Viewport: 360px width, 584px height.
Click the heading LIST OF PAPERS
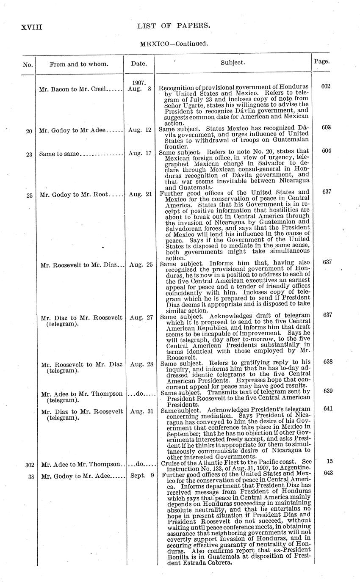click(174, 26)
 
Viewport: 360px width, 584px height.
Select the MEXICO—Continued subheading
click(174, 44)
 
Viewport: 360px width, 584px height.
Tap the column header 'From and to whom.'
click(79, 64)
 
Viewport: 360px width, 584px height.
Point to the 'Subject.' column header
click(233, 62)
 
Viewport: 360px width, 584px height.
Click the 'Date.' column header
click(139, 64)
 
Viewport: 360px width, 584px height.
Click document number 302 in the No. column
click(29, 465)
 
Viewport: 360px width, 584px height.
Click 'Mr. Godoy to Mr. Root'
click(75, 195)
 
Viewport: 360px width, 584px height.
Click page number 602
click(326, 86)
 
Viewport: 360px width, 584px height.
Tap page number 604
click(326, 151)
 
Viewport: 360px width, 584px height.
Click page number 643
click(328, 473)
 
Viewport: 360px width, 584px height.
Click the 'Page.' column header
click(322, 61)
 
